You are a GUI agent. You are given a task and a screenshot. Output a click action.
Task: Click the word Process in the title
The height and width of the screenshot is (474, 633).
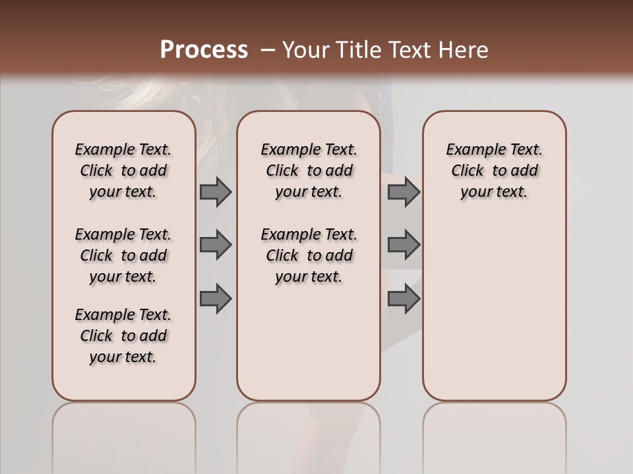[x=204, y=50]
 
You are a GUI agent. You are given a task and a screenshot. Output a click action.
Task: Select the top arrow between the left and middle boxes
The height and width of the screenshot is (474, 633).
[x=215, y=192]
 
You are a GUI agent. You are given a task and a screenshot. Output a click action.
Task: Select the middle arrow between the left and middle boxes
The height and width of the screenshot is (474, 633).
[x=215, y=245]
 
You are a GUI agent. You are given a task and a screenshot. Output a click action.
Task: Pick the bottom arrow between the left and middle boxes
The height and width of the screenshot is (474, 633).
[x=215, y=299]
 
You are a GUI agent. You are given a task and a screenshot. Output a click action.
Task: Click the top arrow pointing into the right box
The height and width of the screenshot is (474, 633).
[x=404, y=192]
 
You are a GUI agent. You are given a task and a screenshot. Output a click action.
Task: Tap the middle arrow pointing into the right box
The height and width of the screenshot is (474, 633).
[x=404, y=245]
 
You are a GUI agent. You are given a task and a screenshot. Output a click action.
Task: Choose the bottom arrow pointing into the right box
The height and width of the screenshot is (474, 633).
[x=404, y=299]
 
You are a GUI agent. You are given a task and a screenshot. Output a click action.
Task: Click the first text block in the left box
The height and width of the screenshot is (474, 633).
[x=123, y=171]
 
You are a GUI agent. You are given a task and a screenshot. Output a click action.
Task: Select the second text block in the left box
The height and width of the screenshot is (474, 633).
[x=123, y=255]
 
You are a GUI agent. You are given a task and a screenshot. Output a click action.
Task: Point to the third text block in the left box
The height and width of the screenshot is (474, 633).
[x=123, y=336]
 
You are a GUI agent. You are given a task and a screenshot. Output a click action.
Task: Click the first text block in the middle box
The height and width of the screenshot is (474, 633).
[x=309, y=171]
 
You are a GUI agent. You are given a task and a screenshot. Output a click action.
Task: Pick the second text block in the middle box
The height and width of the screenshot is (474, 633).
[x=309, y=255]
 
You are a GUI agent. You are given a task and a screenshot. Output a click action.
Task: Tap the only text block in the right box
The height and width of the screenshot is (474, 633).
[x=494, y=171]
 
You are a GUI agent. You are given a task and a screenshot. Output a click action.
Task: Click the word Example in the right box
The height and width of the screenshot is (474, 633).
[x=471, y=150]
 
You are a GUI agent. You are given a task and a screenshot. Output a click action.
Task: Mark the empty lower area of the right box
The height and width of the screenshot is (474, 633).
[x=494, y=309]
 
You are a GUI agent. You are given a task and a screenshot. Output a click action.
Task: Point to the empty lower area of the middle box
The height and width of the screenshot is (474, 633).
[x=309, y=342]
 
